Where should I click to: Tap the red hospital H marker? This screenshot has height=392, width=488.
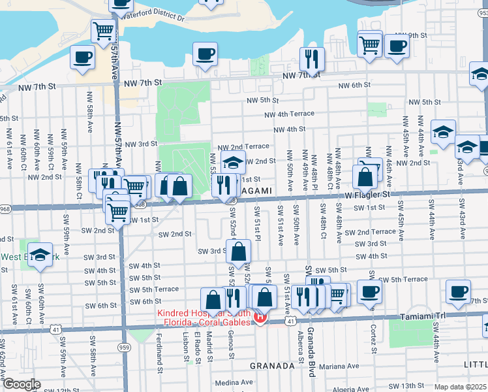point(260,319)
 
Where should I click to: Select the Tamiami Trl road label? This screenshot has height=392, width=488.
point(440,315)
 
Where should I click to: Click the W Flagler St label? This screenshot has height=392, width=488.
point(367,194)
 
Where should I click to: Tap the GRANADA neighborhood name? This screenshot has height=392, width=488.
point(272,366)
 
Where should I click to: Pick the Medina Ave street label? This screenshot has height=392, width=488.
point(234,382)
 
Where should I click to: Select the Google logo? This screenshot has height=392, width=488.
point(21,384)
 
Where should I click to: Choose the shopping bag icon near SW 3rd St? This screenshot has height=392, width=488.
point(239,251)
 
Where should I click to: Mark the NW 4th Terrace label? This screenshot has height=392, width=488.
point(289,114)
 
